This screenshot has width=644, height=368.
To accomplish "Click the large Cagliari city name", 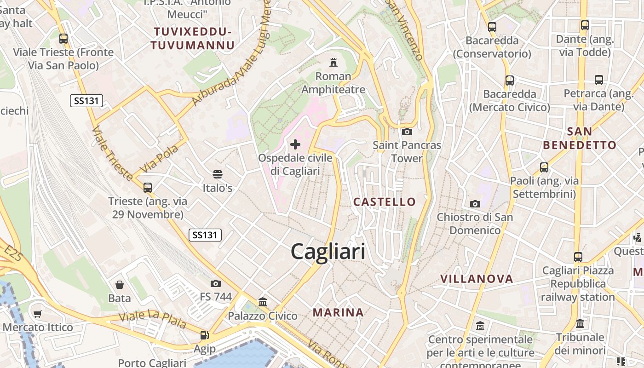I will [328, 252].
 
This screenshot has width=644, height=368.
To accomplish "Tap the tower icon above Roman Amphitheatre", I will [333, 63].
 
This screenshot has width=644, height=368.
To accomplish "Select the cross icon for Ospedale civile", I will [295, 144].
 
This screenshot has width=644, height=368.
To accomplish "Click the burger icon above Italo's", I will [218, 174].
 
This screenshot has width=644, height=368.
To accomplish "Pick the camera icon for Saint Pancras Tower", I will [407, 132].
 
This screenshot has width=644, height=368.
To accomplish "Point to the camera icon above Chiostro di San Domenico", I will [475, 204].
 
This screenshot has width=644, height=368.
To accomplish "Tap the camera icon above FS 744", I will [215, 283].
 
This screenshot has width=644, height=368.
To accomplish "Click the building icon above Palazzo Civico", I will [263, 302].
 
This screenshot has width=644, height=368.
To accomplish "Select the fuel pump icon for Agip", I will [204, 336].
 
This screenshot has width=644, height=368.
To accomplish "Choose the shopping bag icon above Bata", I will [120, 285].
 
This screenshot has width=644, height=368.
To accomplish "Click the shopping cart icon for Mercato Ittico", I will [38, 314].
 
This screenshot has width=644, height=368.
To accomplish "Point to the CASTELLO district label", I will [385, 201].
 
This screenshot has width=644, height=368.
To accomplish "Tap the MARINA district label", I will [338, 313].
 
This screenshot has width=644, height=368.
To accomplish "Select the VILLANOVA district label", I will [477, 279].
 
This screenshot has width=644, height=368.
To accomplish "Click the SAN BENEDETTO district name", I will [580, 138].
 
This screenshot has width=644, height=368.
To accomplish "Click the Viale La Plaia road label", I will [152, 319].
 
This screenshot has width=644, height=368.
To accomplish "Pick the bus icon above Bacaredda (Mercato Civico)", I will [510, 80].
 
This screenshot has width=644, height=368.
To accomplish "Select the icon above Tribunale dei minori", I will [580, 324].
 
